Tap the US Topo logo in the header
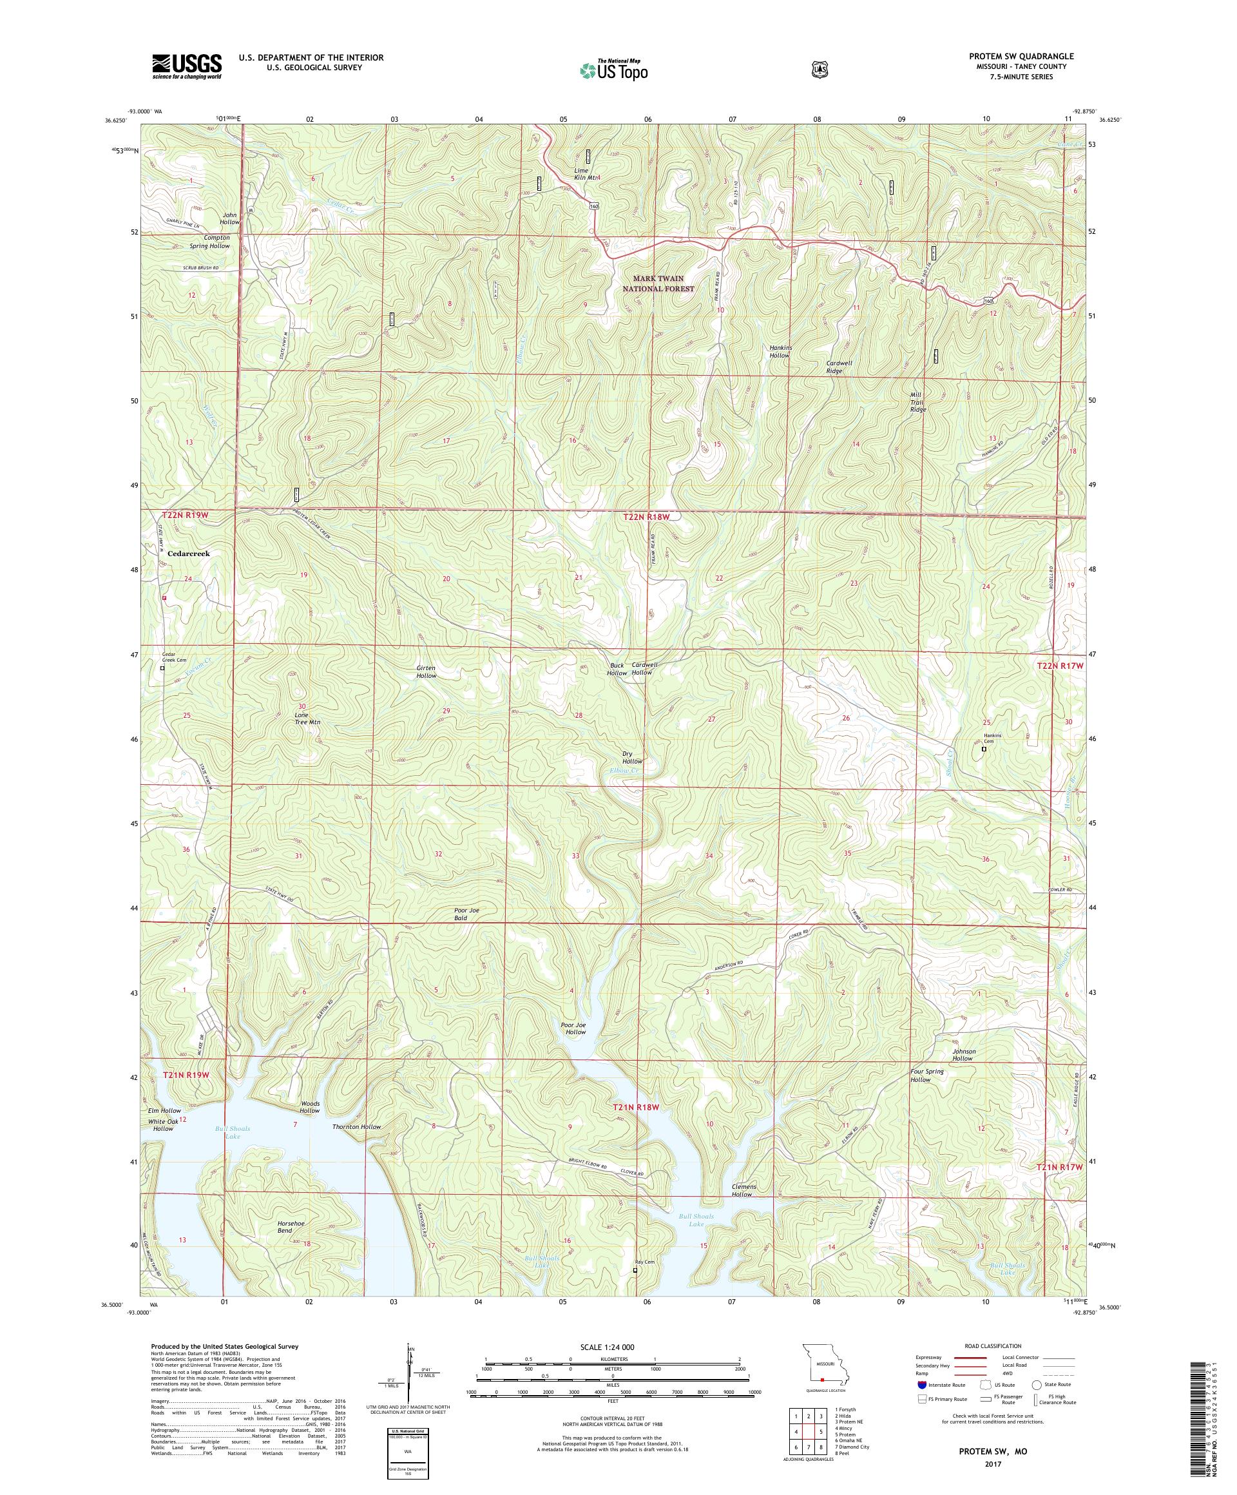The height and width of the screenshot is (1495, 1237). pos(613,70)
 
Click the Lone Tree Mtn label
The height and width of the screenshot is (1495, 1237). pos(307,718)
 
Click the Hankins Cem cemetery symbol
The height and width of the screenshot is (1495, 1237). pos(984,749)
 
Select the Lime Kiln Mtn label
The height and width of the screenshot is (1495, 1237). pos(588,174)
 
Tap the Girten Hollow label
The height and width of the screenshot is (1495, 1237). pos(427,671)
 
